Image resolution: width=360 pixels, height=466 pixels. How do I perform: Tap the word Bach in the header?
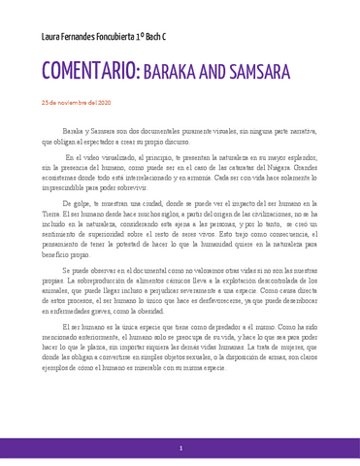coord(172,38)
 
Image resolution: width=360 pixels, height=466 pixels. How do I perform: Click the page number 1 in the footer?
coord(180,449)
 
